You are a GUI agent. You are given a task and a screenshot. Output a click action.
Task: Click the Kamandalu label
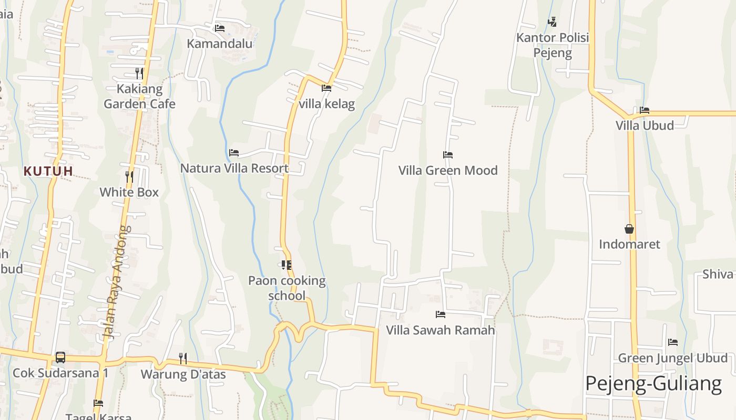(x=220, y=44)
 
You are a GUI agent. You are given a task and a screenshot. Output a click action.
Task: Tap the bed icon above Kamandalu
(x=220, y=28)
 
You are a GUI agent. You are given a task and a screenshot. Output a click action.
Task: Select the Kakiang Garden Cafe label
(x=139, y=97)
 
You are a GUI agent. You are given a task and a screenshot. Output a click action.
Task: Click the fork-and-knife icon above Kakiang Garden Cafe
(x=139, y=72)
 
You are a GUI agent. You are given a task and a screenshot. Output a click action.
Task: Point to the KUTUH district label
(x=48, y=171)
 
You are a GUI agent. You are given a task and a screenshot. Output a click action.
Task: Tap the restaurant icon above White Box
(x=129, y=176)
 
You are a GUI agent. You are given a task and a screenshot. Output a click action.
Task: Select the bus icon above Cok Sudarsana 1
(x=60, y=358)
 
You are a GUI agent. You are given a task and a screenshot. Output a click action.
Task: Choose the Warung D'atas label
(x=183, y=375)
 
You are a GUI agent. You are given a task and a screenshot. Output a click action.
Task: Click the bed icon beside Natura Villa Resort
(x=234, y=153)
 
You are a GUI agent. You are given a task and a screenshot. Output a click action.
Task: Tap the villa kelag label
(x=326, y=104)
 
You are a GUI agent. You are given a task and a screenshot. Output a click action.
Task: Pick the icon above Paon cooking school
(x=287, y=265)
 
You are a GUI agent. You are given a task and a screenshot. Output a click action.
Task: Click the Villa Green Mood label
(x=448, y=171)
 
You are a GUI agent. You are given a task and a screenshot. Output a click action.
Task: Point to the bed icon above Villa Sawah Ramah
(x=441, y=314)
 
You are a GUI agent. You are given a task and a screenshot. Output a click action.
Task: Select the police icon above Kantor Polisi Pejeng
(x=552, y=22)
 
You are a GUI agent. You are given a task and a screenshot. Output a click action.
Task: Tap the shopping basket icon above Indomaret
(x=629, y=229)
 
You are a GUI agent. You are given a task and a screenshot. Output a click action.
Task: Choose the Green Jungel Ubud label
(x=673, y=359)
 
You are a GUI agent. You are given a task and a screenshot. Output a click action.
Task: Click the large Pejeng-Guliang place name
(x=653, y=384)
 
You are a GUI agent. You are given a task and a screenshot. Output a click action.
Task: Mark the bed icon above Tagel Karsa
(x=98, y=403)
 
